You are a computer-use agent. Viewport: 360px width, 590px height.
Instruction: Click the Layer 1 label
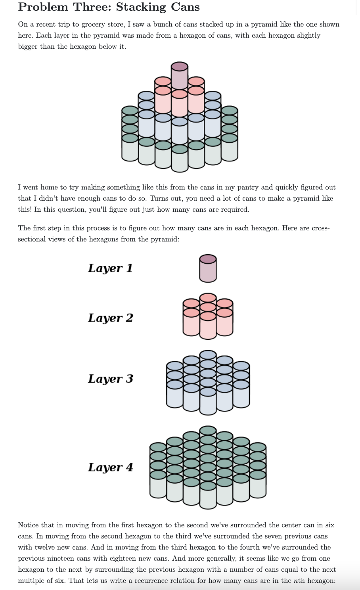pos(110,268)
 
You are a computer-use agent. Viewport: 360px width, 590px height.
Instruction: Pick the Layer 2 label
pos(110,318)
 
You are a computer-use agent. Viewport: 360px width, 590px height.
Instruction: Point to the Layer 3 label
pos(110,379)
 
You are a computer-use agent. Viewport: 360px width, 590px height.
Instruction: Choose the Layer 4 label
pos(110,467)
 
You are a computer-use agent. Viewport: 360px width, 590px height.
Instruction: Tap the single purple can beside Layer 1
pos(208,268)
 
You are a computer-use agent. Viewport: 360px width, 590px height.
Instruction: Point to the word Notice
pos(28,525)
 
